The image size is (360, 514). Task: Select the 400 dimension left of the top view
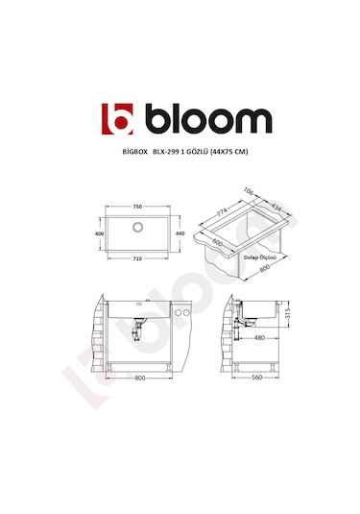98,233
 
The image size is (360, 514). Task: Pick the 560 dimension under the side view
256,379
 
